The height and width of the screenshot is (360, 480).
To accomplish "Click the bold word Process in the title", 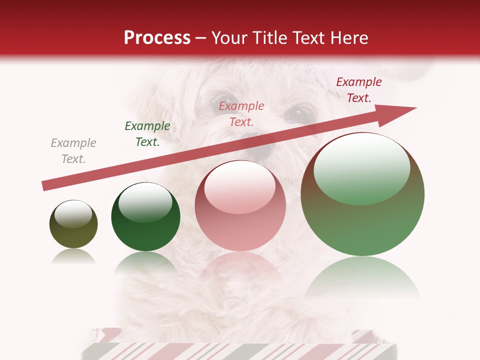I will click(157, 37).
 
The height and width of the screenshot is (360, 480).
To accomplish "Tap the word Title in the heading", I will click(267, 37).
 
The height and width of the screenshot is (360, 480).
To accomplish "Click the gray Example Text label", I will click(73, 151).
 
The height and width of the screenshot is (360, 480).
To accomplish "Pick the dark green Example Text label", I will click(147, 134).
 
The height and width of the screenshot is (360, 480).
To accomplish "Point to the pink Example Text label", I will click(241, 113).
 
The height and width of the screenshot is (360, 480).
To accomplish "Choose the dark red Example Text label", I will click(359, 90).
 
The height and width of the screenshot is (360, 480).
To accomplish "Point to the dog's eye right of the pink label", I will click(298, 112).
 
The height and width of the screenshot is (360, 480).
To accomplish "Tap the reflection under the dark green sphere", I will click(145, 262).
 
